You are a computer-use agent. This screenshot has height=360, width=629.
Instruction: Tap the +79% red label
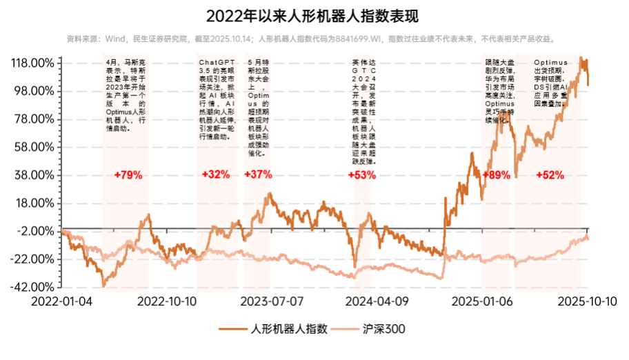click(128, 175)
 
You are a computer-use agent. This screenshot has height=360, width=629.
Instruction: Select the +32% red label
click(216, 175)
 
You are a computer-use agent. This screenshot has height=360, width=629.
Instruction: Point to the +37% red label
click(258, 175)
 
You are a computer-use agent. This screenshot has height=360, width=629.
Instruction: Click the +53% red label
click(362, 175)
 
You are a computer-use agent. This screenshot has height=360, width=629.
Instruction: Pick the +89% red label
click(496, 175)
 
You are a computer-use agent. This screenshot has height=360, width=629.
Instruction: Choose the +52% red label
click(550, 175)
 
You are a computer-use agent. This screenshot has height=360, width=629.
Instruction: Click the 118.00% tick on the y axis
click(32, 63)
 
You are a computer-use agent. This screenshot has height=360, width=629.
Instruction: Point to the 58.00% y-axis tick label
click(34, 147)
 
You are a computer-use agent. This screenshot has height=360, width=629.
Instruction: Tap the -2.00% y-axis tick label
click(36, 231)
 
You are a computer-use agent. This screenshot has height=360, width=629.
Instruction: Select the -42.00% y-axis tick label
click(33, 287)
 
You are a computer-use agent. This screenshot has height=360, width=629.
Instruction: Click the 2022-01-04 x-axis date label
click(62, 301)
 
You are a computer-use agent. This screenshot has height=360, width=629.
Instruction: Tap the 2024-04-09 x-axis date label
click(377, 301)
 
